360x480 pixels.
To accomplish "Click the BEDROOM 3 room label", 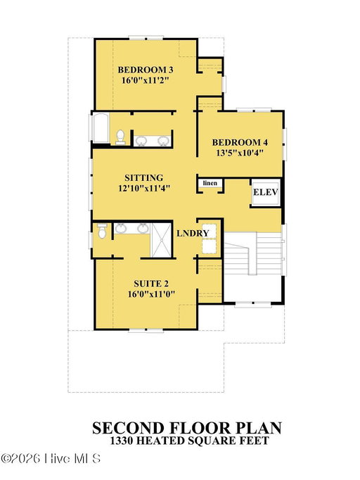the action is [146, 70].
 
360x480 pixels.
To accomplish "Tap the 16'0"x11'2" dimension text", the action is [146, 80].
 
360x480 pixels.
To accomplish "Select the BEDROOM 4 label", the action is [240, 142].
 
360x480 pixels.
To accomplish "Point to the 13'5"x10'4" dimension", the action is [240, 153].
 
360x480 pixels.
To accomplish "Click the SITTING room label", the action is [143, 177].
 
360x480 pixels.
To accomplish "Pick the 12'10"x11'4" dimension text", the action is [144, 188].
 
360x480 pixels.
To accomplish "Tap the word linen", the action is [210, 183].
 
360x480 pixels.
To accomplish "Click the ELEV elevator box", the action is [266, 192].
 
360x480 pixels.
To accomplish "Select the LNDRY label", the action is [193, 233].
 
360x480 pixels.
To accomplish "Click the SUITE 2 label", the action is [151, 284].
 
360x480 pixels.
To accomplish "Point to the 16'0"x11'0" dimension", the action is [151, 294].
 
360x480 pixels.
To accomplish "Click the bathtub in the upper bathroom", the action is [101, 128].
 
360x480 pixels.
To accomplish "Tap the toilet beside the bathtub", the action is [120, 137].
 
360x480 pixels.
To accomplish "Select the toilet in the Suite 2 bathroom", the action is [101, 231].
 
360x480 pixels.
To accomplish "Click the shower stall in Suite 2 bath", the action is [161, 240].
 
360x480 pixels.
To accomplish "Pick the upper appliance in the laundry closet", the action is [210, 231].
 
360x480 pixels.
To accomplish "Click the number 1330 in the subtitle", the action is [121, 441].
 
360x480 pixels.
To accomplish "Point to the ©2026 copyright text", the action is [21, 458].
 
